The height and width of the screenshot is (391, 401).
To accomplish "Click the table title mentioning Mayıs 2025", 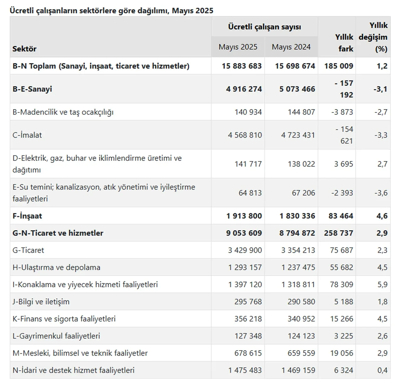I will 111,11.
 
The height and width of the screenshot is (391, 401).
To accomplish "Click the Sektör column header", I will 24,49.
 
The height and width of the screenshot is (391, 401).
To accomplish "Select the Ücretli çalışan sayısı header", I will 264,27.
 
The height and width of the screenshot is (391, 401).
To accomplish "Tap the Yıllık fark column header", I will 344,43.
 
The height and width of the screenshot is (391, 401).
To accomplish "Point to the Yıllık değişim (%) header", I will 373,37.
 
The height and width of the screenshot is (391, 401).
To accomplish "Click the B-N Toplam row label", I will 101,66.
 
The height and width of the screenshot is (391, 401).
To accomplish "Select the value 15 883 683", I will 242,66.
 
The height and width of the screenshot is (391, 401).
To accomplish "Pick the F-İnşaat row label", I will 27,216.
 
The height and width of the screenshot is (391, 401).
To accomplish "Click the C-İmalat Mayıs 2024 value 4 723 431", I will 298,135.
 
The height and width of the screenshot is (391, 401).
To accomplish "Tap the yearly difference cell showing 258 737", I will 338,233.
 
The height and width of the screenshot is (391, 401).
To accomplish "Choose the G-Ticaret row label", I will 28,250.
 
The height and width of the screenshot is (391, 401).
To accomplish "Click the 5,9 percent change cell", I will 382,285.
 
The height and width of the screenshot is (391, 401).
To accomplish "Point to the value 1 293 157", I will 245,267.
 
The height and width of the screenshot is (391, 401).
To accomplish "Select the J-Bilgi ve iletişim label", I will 41,302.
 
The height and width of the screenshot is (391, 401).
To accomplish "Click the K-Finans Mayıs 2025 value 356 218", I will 248,319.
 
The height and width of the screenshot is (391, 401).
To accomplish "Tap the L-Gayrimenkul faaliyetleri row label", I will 56,336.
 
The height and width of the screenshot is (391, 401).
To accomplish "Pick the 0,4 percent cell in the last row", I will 382,370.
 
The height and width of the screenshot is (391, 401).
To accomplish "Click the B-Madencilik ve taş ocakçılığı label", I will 63,112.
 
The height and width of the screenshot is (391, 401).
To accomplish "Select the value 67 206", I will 303,193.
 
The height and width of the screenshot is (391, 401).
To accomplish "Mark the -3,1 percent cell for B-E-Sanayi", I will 380,89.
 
